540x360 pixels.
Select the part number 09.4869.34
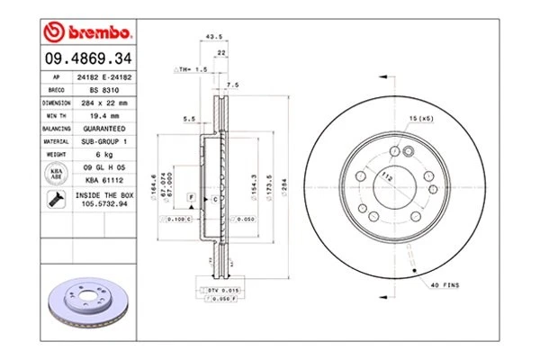tap(87, 59)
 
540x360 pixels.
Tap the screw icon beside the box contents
tap(56, 200)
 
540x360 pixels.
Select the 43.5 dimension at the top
tap(214, 37)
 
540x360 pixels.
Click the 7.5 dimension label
tap(232, 85)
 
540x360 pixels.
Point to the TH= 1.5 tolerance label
tap(191, 67)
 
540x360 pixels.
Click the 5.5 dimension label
tap(189, 119)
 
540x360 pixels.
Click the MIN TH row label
tap(56, 115)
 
